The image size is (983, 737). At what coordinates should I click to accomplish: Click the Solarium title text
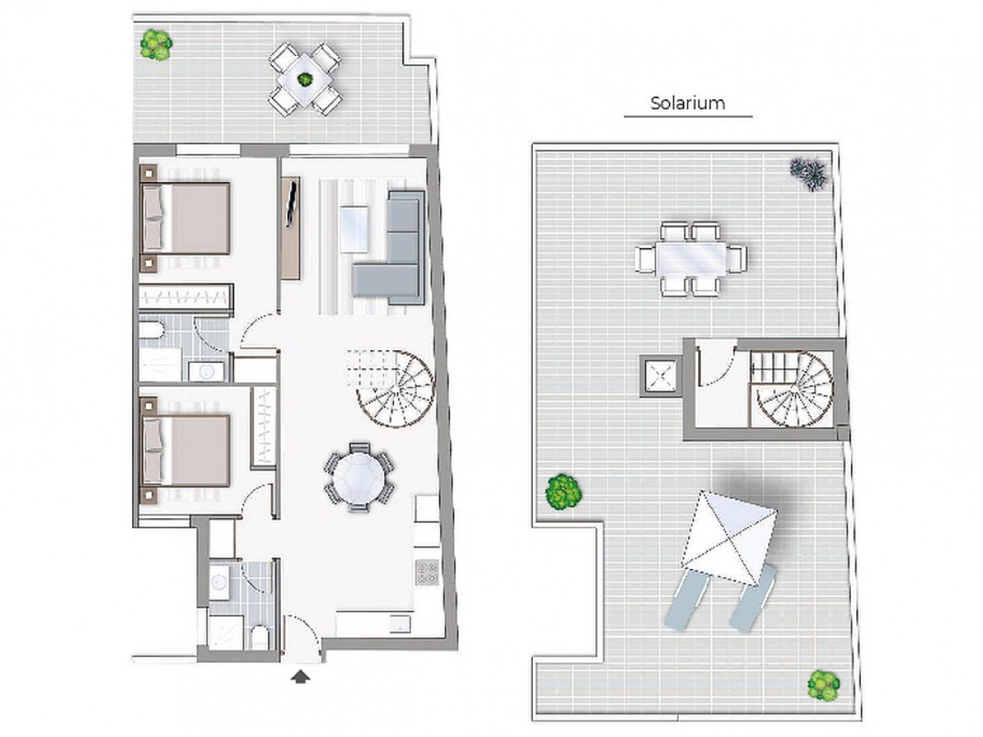click(687, 103)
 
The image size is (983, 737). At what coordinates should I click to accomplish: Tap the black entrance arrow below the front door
click(302, 676)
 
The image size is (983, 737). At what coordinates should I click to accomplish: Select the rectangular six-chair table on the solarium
click(690, 258)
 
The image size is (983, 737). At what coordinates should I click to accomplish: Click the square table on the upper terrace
click(305, 79)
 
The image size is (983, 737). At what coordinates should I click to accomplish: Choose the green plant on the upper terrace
click(156, 45)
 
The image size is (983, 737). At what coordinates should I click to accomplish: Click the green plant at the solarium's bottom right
click(823, 683)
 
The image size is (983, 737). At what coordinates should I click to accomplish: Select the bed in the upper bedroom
click(188, 218)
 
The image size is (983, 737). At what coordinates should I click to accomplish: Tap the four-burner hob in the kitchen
click(427, 571)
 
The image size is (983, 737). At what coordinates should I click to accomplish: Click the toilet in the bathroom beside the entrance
click(260, 637)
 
